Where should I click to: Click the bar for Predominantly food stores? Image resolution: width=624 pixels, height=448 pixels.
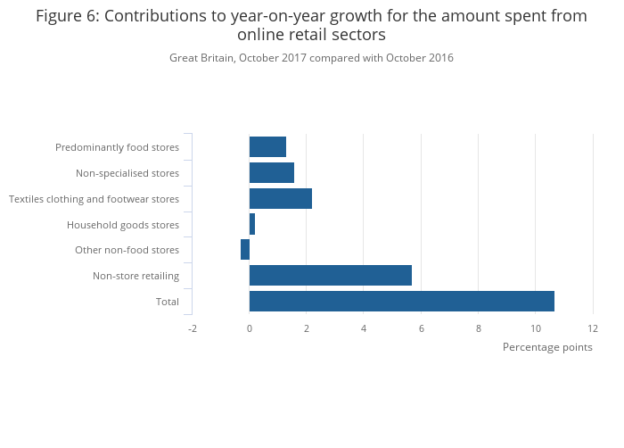tap(267, 147)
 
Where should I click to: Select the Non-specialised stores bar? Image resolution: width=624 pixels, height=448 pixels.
tap(271, 173)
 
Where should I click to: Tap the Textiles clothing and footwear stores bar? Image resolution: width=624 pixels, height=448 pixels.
tap(280, 199)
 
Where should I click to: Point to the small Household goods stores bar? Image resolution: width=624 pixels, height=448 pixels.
tap(252, 225)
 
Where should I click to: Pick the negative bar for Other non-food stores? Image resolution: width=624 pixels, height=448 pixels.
tap(245, 250)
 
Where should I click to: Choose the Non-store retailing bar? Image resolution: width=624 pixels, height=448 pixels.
tap(330, 276)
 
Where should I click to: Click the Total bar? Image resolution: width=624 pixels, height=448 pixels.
tap(401, 302)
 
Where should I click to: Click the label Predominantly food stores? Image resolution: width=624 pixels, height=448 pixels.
tap(117, 147)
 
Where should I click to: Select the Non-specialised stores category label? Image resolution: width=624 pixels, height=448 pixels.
tap(127, 173)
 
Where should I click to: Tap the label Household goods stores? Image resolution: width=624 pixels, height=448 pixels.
tap(123, 225)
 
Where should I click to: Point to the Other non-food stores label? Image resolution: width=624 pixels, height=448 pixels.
tap(127, 250)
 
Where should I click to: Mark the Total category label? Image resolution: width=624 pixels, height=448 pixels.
tap(168, 302)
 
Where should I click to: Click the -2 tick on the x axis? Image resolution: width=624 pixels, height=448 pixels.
tap(192, 328)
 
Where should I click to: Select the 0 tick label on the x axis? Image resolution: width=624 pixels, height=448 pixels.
tap(250, 328)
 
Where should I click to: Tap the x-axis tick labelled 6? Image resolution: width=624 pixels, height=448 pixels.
tap(421, 328)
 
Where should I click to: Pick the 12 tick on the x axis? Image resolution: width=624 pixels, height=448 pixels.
tap(592, 328)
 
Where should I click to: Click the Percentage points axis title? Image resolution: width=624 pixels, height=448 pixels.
tap(547, 347)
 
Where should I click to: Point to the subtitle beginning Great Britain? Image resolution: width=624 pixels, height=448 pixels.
tap(311, 58)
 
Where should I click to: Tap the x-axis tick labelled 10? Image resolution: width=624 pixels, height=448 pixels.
tap(535, 328)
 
